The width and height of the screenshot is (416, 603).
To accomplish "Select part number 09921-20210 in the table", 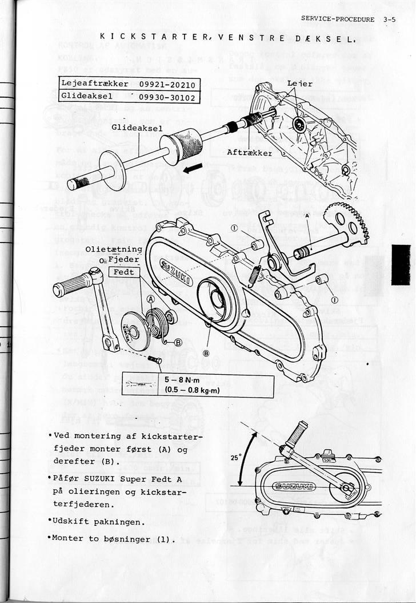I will click(x=166, y=84).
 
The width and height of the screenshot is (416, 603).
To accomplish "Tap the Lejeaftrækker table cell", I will click(x=95, y=84).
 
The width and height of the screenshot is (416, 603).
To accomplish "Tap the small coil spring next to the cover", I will click(x=254, y=275).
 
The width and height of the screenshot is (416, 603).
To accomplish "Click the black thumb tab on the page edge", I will click(x=401, y=264).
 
